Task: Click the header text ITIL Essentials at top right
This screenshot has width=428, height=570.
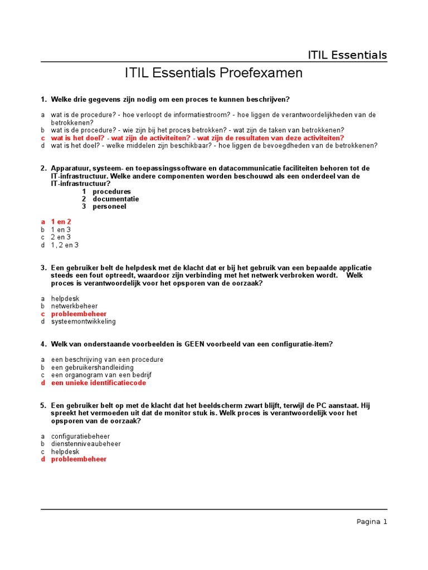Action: point(347,55)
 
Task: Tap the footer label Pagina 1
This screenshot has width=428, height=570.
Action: point(372,522)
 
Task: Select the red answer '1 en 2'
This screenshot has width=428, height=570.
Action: point(61,222)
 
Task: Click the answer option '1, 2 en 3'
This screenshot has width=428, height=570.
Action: point(65,245)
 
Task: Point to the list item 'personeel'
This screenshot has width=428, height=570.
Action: point(109,207)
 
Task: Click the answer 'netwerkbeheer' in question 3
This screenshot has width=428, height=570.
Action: point(74,306)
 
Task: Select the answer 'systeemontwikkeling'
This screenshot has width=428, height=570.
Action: point(83,322)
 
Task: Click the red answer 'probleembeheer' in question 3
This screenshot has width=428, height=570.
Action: point(79,314)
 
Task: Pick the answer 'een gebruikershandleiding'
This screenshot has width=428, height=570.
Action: point(92,367)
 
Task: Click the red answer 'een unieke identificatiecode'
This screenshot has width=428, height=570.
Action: point(98,383)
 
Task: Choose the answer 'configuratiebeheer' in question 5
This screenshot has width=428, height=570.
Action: point(80,436)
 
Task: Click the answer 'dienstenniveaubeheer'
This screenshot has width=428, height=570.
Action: point(85,444)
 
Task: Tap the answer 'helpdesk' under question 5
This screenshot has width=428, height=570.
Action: point(65,452)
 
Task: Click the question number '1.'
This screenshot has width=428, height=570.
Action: point(43,100)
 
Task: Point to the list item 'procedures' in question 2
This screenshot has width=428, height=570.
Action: point(111,191)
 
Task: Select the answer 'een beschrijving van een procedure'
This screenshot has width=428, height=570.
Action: point(107,360)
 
